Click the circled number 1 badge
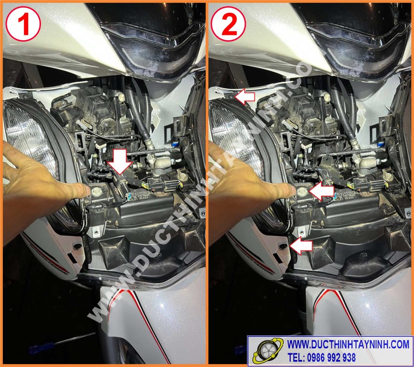pos(23,24)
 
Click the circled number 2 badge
pos(229,24)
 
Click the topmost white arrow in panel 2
pos(244,96)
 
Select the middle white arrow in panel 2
pos(321,191)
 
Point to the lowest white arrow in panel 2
pos(301,246)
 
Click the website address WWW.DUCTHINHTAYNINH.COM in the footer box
pos(348,344)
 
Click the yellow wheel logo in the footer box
pos(267,351)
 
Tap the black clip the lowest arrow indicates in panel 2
pos(283,246)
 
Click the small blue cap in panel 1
pos(174,144)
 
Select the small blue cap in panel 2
pos(380,144)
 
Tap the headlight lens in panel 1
pos(29,138)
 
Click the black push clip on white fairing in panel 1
pos(78,246)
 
